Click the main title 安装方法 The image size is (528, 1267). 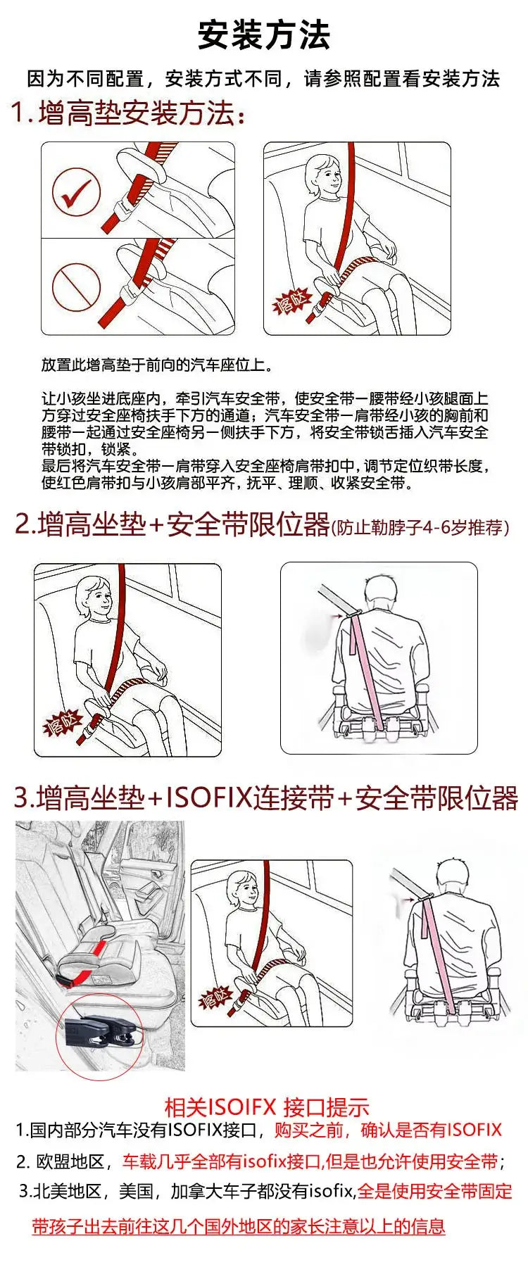click(x=263, y=35)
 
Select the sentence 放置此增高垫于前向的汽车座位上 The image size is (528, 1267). click(x=156, y=365)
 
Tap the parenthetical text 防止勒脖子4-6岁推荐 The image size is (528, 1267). click(x=420, y=527)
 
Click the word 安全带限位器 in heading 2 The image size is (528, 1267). click(x=248, y=525)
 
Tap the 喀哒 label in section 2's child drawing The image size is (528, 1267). click(x=63, y=723)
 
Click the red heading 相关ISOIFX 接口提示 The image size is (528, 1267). click(x=266, y=1107)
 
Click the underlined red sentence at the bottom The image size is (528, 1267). click(x=239, y=1227)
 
